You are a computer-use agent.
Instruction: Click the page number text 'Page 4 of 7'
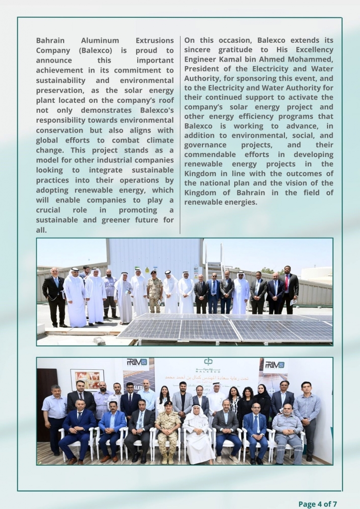point(321,504)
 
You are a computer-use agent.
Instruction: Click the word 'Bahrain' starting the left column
point(50,40)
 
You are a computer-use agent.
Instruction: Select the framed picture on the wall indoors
point(87,379)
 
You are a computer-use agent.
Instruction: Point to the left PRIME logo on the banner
point(137,362)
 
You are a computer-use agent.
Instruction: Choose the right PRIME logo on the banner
point(274,364)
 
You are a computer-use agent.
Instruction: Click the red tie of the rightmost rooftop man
point(286,283)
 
